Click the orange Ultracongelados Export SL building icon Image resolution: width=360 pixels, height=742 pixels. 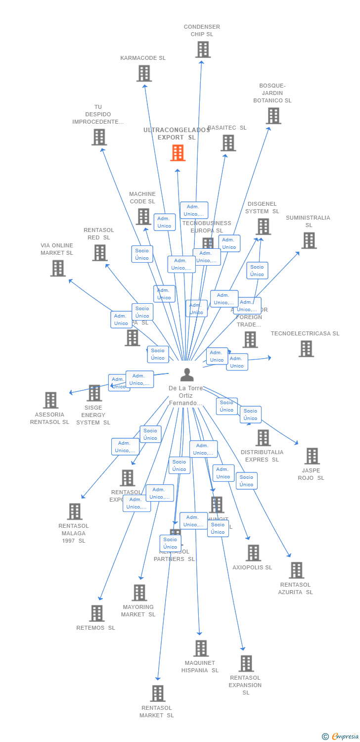[178, 153]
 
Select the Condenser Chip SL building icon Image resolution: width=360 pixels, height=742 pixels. [203, 49]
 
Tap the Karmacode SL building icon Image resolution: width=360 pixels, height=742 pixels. [144, 73]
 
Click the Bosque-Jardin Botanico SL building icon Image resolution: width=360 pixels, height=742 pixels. [273, 116]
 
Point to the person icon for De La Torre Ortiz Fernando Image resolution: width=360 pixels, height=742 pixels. [186, 374]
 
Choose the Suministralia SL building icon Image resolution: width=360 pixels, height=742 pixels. [309, 240]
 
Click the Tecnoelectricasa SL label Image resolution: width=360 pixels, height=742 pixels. [305, 333]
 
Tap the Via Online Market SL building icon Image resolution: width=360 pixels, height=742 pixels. [58, 268]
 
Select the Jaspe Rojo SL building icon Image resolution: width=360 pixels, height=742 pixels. [312, 456]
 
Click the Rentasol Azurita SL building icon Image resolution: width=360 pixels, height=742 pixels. [296, 570]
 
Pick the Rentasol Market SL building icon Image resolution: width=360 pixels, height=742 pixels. [158, 694]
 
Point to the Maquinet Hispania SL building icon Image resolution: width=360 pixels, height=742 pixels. [201, 648]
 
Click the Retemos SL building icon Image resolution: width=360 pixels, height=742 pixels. [97, 613]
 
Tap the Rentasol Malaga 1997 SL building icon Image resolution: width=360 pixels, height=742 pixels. [75, 511]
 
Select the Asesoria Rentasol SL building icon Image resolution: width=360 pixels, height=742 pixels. [51, 400]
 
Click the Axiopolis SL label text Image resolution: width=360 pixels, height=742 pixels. [252, 567]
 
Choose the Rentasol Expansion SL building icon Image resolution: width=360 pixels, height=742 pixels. [246, 663]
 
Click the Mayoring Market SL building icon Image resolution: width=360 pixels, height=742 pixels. [139, 593]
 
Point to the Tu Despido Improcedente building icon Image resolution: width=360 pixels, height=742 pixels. [99, 137]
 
